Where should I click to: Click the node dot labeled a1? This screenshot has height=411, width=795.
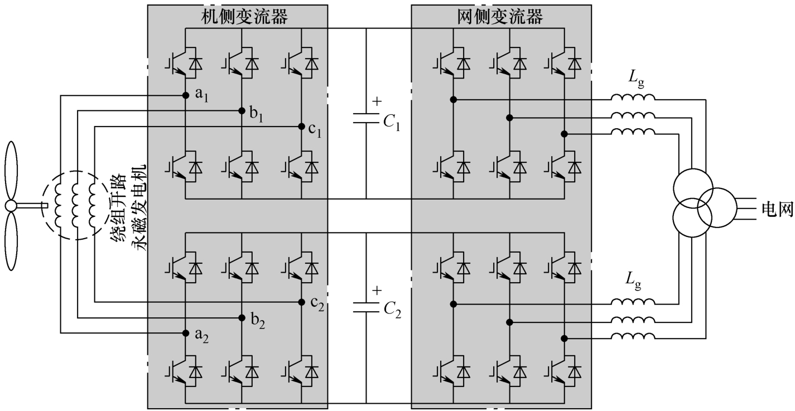click(x=185, y=95)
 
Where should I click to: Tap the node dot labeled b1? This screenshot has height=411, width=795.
click(x=242, y=110)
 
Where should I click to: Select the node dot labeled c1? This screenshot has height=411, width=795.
click(x=301, y=126)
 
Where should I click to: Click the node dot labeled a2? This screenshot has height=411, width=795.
click(x=185, y=333)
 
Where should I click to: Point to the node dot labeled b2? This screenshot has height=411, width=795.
click(x=242, y=318)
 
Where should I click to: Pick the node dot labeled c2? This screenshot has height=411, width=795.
click(x=301, y=302)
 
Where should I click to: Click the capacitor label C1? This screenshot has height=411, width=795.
click(x=392, y=123)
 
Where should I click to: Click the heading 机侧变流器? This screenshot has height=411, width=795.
click(x=244, y=16)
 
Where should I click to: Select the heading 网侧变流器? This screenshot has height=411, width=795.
click(x=500, y=16)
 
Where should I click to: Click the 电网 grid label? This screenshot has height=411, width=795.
click(x=777, y=209)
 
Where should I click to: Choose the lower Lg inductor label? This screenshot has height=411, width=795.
click(x=633, y=281)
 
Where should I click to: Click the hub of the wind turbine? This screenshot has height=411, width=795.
click(x=11, y=206)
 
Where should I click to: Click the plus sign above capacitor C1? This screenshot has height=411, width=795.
click(x=377, y=101)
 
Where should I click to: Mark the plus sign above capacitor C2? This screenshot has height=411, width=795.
click(x=377, y=291)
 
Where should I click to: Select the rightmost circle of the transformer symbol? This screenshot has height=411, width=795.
click(x=716, y=207)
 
